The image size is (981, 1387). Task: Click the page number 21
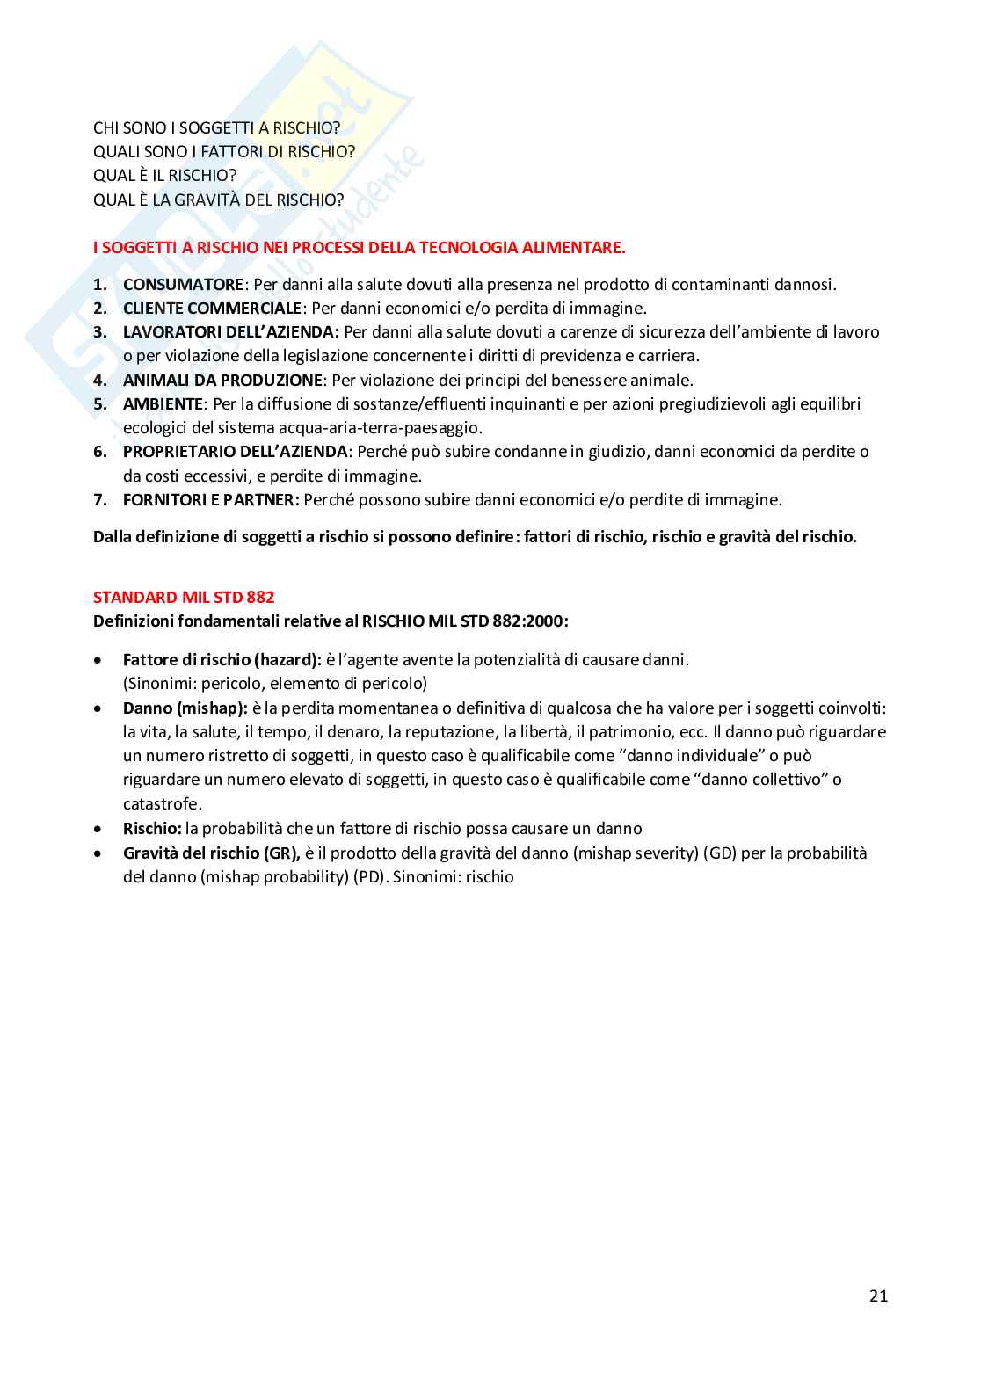(x=878, y=1296)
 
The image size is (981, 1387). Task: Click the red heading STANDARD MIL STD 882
(x=184, y=598)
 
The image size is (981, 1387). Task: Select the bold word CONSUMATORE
(x=183, y=284)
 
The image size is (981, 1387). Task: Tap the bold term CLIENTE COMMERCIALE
(x=212, y=309)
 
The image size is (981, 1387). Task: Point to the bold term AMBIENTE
(x=163, y=404)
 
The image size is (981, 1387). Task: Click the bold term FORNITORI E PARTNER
(x=210, y=500)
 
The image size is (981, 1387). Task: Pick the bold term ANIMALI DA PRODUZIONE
(x=222, y=381)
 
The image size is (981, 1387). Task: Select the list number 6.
(x=100, y=452)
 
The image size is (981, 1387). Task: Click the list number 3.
(x=100, y=332)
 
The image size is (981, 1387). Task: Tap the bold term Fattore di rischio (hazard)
(x=222, y=660)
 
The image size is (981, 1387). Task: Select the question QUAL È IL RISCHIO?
(x=165, y=176)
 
